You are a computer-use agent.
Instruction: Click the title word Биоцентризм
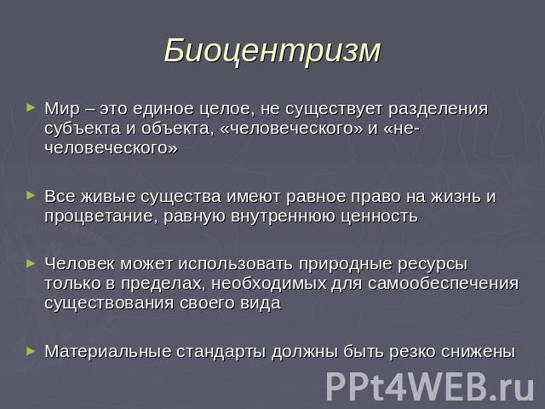pyautogui.click(x=272, y=51)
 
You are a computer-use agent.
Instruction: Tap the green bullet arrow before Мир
pyautogui.click(x=31, y=107)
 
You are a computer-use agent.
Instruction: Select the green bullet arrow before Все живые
pyautogui.click(x=31, y=195)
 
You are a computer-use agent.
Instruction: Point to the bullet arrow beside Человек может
pyautogui.click(x=31, y=263)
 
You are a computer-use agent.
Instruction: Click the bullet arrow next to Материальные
pyautogui.click(x=31, y=351)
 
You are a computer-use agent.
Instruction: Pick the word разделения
pyautogui.click(x=438, y=110)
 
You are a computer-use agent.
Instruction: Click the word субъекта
pyautogui.click(x=83, y=129)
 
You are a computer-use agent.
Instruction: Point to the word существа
pyautogui.click(x=181, y=197)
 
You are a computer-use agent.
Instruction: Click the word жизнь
pyautogui.click(x=456, y=197)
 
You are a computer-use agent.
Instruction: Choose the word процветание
pyautogui.click(x=100, y=216)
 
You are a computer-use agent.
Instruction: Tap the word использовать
pyautogui.click(x=236, y=264)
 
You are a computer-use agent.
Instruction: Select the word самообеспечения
pyautogui.click(x=443, y=284)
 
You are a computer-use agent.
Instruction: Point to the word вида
pyautogui.click(x=261, y=303)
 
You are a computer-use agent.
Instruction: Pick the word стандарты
pyautogui.click(x=221, y=352)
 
